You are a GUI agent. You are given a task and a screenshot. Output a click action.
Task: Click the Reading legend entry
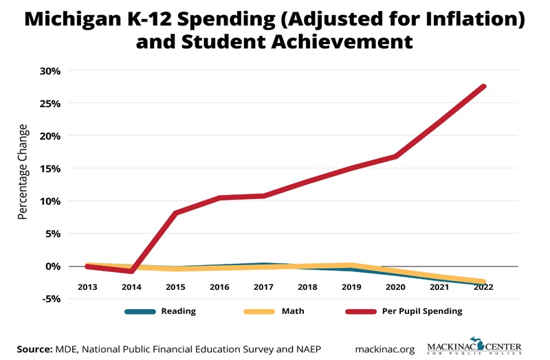point(178,311)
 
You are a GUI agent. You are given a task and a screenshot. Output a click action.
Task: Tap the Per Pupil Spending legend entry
point(421,311)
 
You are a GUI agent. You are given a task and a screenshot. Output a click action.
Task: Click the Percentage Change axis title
point(23,172)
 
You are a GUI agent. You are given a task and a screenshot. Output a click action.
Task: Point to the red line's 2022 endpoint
point(484,87)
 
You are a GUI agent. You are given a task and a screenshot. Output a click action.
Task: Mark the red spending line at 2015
point(175,213)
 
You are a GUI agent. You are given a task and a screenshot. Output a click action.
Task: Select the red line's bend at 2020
point(396,157)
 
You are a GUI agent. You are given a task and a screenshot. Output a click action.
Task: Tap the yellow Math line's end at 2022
point(484,282)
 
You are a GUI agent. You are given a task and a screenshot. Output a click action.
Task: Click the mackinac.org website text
point(384,348)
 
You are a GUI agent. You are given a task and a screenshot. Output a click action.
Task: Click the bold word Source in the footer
point(32,348)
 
